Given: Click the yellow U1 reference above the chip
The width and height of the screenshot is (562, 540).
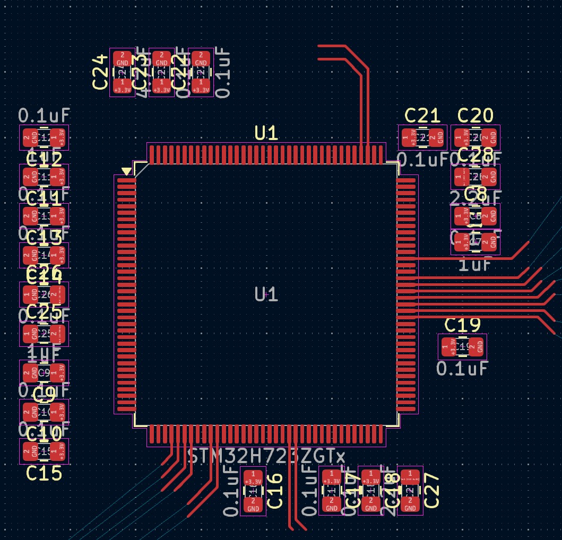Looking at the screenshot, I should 266,133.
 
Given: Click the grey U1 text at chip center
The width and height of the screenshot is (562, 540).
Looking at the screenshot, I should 266,294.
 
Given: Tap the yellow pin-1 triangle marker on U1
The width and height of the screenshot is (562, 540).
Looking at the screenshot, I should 126,171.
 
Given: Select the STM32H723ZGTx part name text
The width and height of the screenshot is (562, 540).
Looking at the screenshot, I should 267,456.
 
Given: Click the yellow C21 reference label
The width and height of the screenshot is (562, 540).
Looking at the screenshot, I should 422,116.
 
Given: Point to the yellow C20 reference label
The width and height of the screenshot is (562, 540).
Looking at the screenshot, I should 475,116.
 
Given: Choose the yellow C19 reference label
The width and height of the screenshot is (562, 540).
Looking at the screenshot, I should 463,325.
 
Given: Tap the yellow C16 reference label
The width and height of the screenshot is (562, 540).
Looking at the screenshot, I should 274,491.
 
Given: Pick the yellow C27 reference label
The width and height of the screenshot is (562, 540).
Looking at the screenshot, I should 432,491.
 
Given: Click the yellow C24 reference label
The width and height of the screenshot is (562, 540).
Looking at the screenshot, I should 100,73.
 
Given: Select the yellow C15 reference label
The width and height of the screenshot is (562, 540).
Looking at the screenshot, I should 44,473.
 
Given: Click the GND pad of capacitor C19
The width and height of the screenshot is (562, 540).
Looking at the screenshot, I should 477,347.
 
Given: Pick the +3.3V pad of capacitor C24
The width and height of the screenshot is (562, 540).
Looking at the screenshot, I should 123,86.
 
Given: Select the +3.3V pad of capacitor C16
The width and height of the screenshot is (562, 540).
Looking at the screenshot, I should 254,477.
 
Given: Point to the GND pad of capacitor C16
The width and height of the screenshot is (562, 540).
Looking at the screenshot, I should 254,504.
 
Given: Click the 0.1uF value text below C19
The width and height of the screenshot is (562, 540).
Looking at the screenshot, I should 462,368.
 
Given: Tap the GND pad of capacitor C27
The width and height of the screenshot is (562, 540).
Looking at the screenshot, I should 410,504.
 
